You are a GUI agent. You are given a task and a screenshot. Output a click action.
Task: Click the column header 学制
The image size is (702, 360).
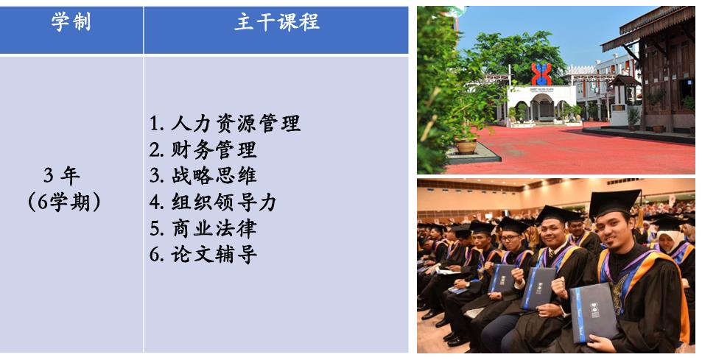pos(71,21)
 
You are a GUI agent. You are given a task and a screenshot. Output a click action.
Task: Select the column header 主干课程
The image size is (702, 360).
pos(277,21)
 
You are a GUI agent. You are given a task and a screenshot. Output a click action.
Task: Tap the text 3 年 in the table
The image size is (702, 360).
pos(62,176)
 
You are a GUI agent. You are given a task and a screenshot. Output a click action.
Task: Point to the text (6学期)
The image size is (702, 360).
pos(64,202)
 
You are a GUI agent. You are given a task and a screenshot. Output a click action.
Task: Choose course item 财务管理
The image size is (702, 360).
pos(214,149)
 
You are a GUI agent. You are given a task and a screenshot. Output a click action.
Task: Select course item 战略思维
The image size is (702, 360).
pos(214,176)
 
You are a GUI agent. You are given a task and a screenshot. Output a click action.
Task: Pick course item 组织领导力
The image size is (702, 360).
pos(224,202)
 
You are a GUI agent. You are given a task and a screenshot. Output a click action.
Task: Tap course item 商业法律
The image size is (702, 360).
pos(214,228)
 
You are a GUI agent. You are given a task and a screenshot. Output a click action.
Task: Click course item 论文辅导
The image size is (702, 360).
pos(214,255)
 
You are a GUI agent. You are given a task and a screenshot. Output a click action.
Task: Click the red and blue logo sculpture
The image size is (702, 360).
pos(541,74)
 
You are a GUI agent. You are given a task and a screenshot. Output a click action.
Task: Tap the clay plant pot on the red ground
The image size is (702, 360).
pos(466,146)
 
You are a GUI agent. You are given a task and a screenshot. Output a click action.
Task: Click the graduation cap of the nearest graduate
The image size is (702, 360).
pos(614,202)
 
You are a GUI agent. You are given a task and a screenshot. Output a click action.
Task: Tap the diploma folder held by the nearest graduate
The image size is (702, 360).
pos(593,312)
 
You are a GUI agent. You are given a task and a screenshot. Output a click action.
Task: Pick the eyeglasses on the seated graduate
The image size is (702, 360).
pos(510,238)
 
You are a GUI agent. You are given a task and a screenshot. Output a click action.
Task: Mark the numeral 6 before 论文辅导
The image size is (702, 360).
pos(155,255)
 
